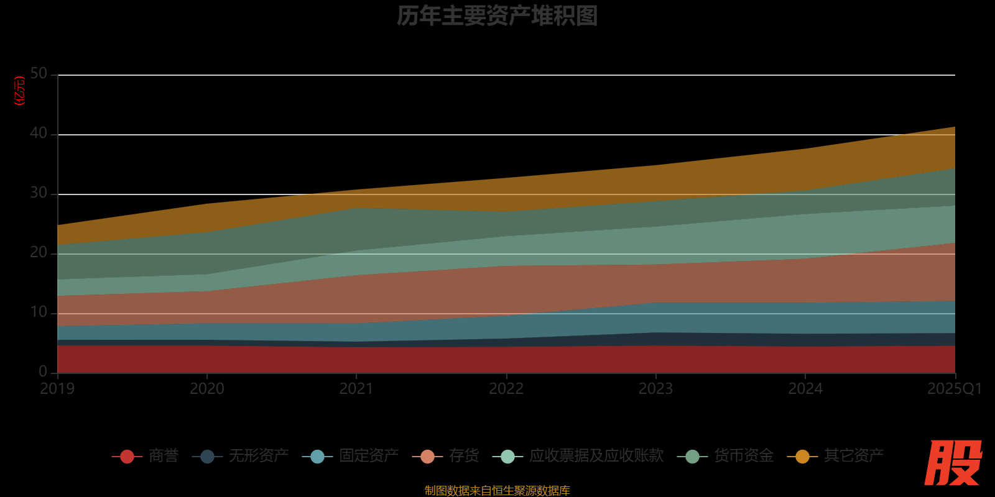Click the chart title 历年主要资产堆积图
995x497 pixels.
tap(497, 16)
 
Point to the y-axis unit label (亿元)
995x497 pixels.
tap(20, 91)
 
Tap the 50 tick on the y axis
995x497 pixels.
tap(39, 74)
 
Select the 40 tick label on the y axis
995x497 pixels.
tap(39, 134)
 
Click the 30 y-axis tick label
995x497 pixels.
tap(39, 193)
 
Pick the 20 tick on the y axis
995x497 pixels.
tap(39, 253)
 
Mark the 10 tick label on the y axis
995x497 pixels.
tap(39, 312)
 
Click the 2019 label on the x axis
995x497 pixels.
tap(57, 389)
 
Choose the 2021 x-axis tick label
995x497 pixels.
tap(356, 389)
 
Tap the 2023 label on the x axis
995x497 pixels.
tap(655, 389)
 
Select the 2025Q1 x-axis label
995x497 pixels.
tap(954, 389)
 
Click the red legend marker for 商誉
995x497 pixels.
tap(127, 457)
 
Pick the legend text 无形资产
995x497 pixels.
tap(258, 456)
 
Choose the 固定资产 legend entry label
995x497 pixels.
tap(369, 456)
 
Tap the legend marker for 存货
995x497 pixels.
tap(427, 457)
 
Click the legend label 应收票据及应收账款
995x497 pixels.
tap(596, 456)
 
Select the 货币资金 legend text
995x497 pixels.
tap(744, 456)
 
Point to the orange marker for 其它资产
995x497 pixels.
tap(802, 457)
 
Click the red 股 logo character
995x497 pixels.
tap(953, 463)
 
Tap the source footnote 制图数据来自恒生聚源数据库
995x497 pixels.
tap(497, 491)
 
